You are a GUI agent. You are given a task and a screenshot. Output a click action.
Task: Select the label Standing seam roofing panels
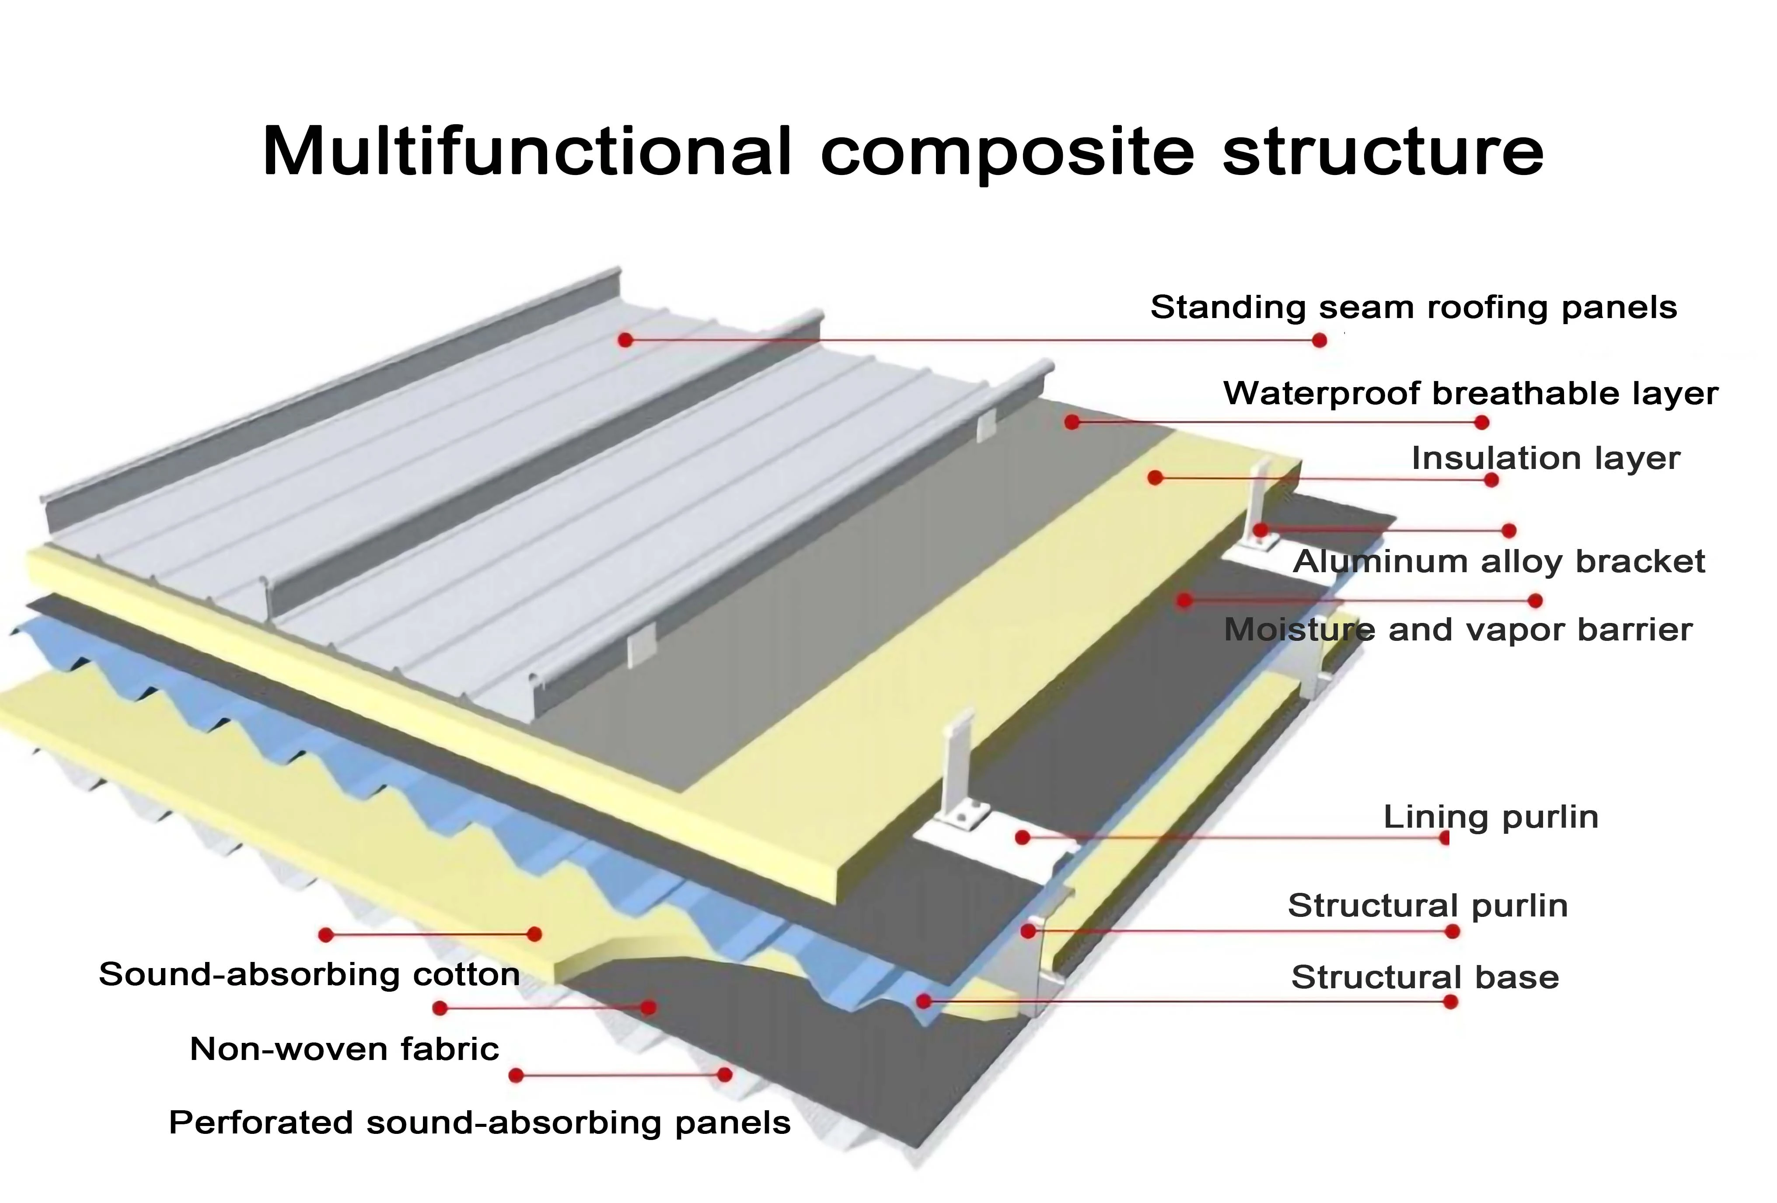(x=1413, y=308)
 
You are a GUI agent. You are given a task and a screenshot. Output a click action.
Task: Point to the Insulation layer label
(x=1545, y=458)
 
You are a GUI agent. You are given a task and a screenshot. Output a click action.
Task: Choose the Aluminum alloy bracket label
(x=1499, y=561)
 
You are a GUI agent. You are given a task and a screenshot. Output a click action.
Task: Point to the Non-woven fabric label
(x=344, y=1049)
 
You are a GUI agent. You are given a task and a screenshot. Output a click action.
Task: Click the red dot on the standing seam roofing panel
(x=625, y=339)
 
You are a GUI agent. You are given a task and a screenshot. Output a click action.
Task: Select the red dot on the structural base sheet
(x=924, y=1000)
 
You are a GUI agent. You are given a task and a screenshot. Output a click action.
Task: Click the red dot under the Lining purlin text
(x=1444, y=838)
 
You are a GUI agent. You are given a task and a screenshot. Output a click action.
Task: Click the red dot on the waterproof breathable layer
(x=1072, y=421)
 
